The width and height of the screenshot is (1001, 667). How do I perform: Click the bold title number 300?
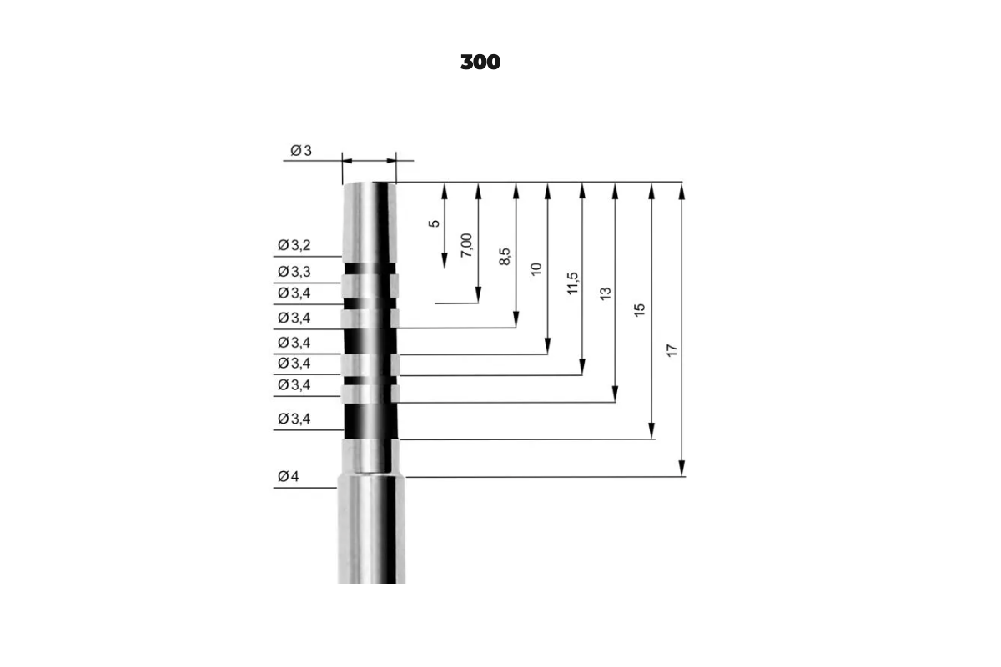pyautogui.click(x=480, y=62)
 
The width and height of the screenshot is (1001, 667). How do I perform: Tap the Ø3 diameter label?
pyautogui.click(x=301, y=151)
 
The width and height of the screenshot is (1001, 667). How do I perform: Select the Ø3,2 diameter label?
pyautogui.click(x=294, y=245)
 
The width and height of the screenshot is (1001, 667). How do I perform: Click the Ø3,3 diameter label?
pyautogui.click(x=294, y=272)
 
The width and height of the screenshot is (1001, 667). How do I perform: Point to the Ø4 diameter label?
pyautogui.click(x=289, y=476)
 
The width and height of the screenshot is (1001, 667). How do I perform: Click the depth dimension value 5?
pyautogui.click(x=434, y=223)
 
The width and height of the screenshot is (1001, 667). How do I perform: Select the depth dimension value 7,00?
pyautogui.click(x=466, y=245)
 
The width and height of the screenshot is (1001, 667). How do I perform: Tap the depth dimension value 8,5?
pyautogui.click(x=505, y=257)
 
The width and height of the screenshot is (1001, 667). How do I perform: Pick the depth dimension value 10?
pyautogui.click(x=536, y=269)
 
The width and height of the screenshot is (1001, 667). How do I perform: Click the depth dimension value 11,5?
pyautogui.click(x=572, y=283)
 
